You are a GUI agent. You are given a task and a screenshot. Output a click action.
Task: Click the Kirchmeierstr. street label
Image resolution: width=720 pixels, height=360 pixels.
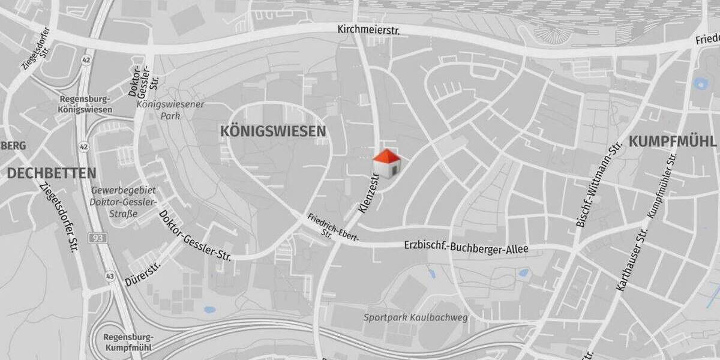pyautogui.click(x=368, y=29)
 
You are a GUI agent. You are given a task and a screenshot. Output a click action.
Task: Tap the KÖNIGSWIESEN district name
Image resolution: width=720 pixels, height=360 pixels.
pyautogui.click(x=273, y=131)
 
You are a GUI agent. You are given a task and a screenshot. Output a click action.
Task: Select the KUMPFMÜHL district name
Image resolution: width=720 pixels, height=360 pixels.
pyautogui.click(x=672, y=142)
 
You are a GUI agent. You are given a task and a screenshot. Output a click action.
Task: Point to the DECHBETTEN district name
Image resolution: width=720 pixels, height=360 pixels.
pyautogui.click(x=52, y=173)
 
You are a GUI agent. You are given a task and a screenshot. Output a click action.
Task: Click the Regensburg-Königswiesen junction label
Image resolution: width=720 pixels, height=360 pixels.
pyautogui.click(x=85, y=104)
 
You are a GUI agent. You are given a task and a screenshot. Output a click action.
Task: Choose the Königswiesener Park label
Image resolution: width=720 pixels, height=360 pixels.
pyautogui.click(x=170, y=110)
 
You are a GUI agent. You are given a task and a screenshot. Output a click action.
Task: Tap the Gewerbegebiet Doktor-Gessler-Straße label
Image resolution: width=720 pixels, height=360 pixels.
pyautogui.click(x=115, y=202)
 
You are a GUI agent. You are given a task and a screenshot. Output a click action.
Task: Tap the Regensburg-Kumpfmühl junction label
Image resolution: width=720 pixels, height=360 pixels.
pyautogui.click(x=127, y=342)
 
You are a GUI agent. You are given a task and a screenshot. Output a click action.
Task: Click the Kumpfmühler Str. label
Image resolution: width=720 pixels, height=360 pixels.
pyautogui.click(x=662, y=185)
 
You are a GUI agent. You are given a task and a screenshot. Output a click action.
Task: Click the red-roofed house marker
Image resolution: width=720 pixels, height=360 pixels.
pyautogui.click(x=386, y=164)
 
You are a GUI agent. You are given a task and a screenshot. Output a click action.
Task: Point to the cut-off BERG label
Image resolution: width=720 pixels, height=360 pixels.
pyautogui.click(x=13, y=146)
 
